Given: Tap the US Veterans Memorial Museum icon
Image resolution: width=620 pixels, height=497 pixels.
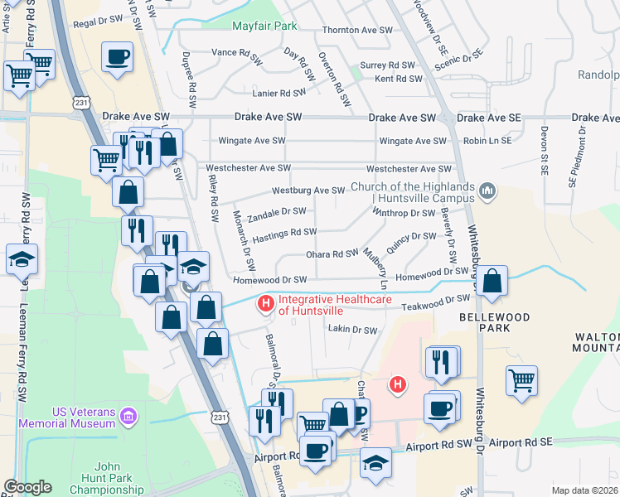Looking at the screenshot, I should click(128, 414).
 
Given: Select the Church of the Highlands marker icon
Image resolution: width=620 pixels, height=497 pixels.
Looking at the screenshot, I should click(487, 192).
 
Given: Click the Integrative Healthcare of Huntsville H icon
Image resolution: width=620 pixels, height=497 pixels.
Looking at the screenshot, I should click(266, 304).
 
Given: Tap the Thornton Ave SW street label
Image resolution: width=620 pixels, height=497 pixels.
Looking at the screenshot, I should click(356, 30).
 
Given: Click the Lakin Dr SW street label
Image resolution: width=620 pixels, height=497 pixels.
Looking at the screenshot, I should click(352, 330).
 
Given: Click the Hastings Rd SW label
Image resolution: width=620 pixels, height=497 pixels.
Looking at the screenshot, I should click(284, 233).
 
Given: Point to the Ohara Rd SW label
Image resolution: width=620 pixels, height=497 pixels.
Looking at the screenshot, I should click(332, 253).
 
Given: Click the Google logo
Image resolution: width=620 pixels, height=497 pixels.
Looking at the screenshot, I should click(27, 487).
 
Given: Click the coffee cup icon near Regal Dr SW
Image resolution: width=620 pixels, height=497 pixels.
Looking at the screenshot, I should click(117, 57).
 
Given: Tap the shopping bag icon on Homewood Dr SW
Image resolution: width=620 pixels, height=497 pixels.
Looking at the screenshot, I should click(492, 281).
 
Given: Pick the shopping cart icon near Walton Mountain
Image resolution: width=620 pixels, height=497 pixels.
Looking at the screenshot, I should click(522, 380).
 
